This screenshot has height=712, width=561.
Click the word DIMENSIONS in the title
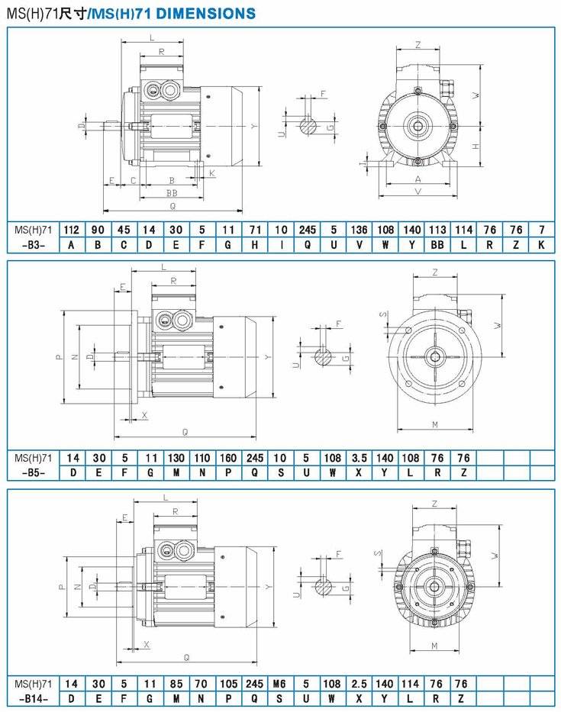point(206,13)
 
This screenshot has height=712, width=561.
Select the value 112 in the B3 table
point(71,230)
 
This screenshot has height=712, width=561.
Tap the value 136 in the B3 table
point(359,230)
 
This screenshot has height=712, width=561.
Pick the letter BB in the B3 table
point(437,245)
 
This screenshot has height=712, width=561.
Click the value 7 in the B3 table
point(541,230)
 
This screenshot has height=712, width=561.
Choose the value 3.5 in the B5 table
point(359,458)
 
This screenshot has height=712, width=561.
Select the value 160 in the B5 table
point(228,458)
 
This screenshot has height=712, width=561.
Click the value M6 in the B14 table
point(279,684)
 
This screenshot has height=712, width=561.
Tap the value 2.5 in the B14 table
point(359,684)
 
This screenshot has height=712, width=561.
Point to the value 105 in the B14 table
point(228,684)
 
